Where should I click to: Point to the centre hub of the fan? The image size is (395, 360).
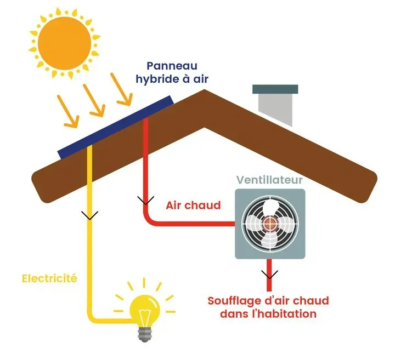[x=269, y=224]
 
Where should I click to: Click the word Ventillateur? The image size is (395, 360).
[x=269, y=180]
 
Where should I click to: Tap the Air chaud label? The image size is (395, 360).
[x=193, y=206]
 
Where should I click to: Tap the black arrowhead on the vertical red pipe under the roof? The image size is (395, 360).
[x=146, y=199]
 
